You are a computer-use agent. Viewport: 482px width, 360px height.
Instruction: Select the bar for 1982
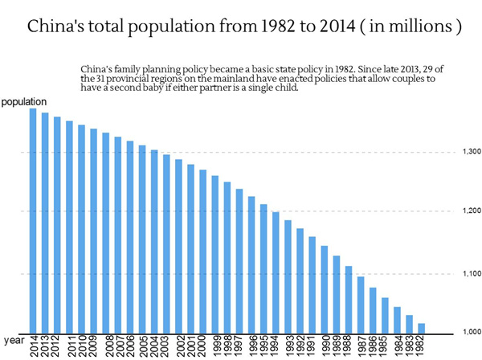coord(421,328)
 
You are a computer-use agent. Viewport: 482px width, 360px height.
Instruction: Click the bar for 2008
coord(106,232)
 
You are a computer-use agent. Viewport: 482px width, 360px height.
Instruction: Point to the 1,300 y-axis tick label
coord(471,152)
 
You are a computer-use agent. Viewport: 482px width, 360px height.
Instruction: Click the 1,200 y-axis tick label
coord(471,211)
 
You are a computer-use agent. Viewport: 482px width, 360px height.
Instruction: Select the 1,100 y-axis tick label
coord(471,274)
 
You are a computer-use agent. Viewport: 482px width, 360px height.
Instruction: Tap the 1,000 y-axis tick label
coord(471,332)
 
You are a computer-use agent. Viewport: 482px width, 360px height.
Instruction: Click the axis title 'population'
coord(23,102)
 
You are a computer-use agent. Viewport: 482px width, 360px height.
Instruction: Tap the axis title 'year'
coord(10,340)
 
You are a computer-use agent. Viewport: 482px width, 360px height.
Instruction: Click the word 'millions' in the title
coord(424,27)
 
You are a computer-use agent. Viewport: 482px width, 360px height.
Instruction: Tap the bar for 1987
coord(361,305)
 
